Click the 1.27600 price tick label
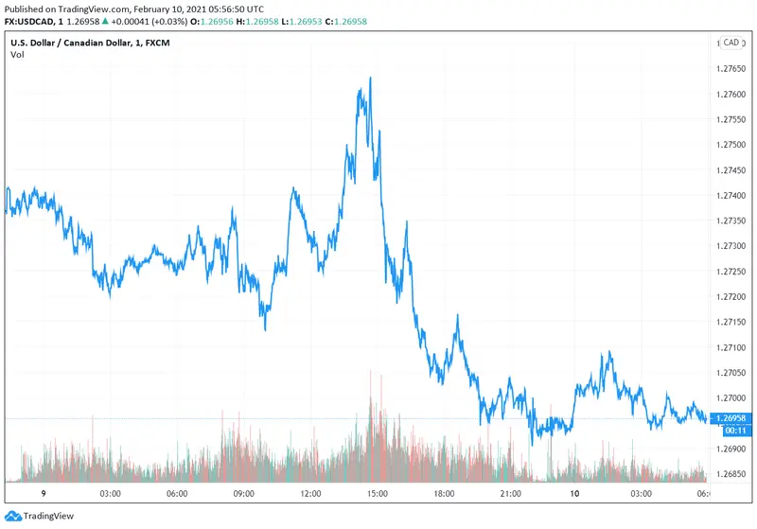(733, 95)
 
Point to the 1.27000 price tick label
(733, 397)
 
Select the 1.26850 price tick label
(733, 474)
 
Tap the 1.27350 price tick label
(733, 220)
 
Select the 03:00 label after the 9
(109, 494)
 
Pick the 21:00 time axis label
(512, 494)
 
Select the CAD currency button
(731, 43)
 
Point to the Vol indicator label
(17, 55)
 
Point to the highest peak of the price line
(370, 78)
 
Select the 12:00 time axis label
(310, 494)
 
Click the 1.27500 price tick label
(733, 145)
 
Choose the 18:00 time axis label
(445, 494)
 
